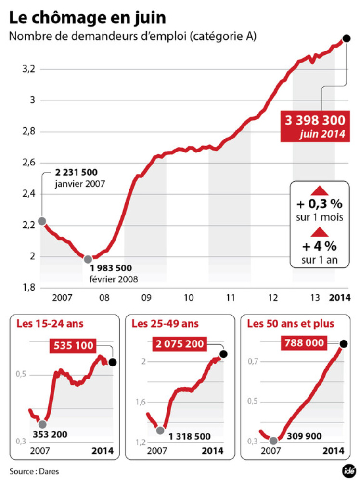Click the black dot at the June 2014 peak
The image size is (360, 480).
point(346,38)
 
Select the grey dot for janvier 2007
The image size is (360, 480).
point(42,221)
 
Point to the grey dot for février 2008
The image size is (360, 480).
point(88,259)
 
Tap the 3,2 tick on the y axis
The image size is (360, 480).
point(29,69)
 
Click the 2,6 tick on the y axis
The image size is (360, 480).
point(29,163)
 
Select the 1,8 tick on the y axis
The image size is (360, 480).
point(29,288)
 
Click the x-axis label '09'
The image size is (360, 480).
point(146,298)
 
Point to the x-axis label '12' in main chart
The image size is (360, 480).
point(273,298)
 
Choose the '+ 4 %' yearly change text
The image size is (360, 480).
point(320,246)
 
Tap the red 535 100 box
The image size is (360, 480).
point(73,345)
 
